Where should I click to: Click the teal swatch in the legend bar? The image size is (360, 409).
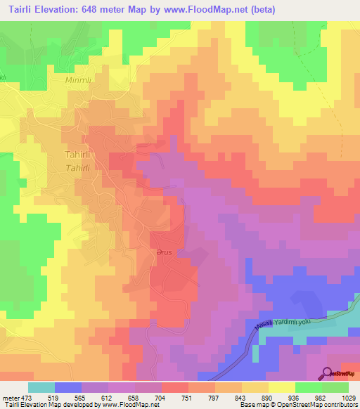click(x=41, y=387)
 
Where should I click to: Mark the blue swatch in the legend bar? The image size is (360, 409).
click(x=68, y=387)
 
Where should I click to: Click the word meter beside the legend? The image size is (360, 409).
click(x=11, y=396)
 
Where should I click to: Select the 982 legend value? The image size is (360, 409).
click(x=322, y=396)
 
